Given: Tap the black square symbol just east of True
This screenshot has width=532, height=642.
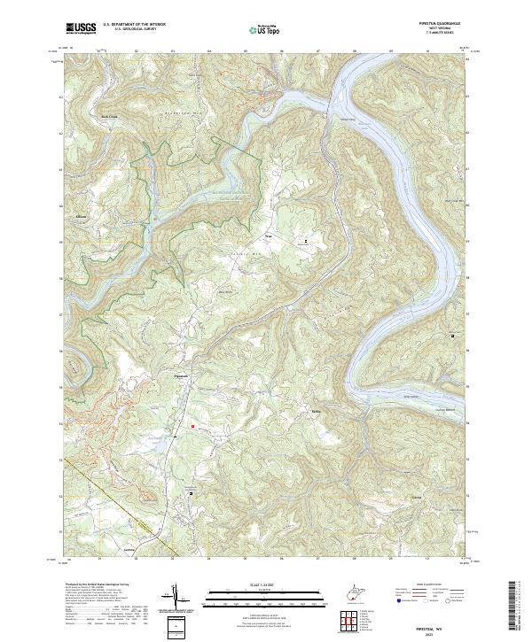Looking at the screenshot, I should point(308,241).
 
